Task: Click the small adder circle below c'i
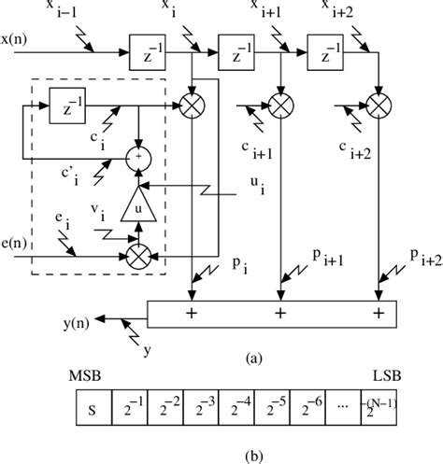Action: pos(139,157)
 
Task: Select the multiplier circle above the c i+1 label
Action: pos(279,102)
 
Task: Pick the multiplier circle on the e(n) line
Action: pos(138,251)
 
